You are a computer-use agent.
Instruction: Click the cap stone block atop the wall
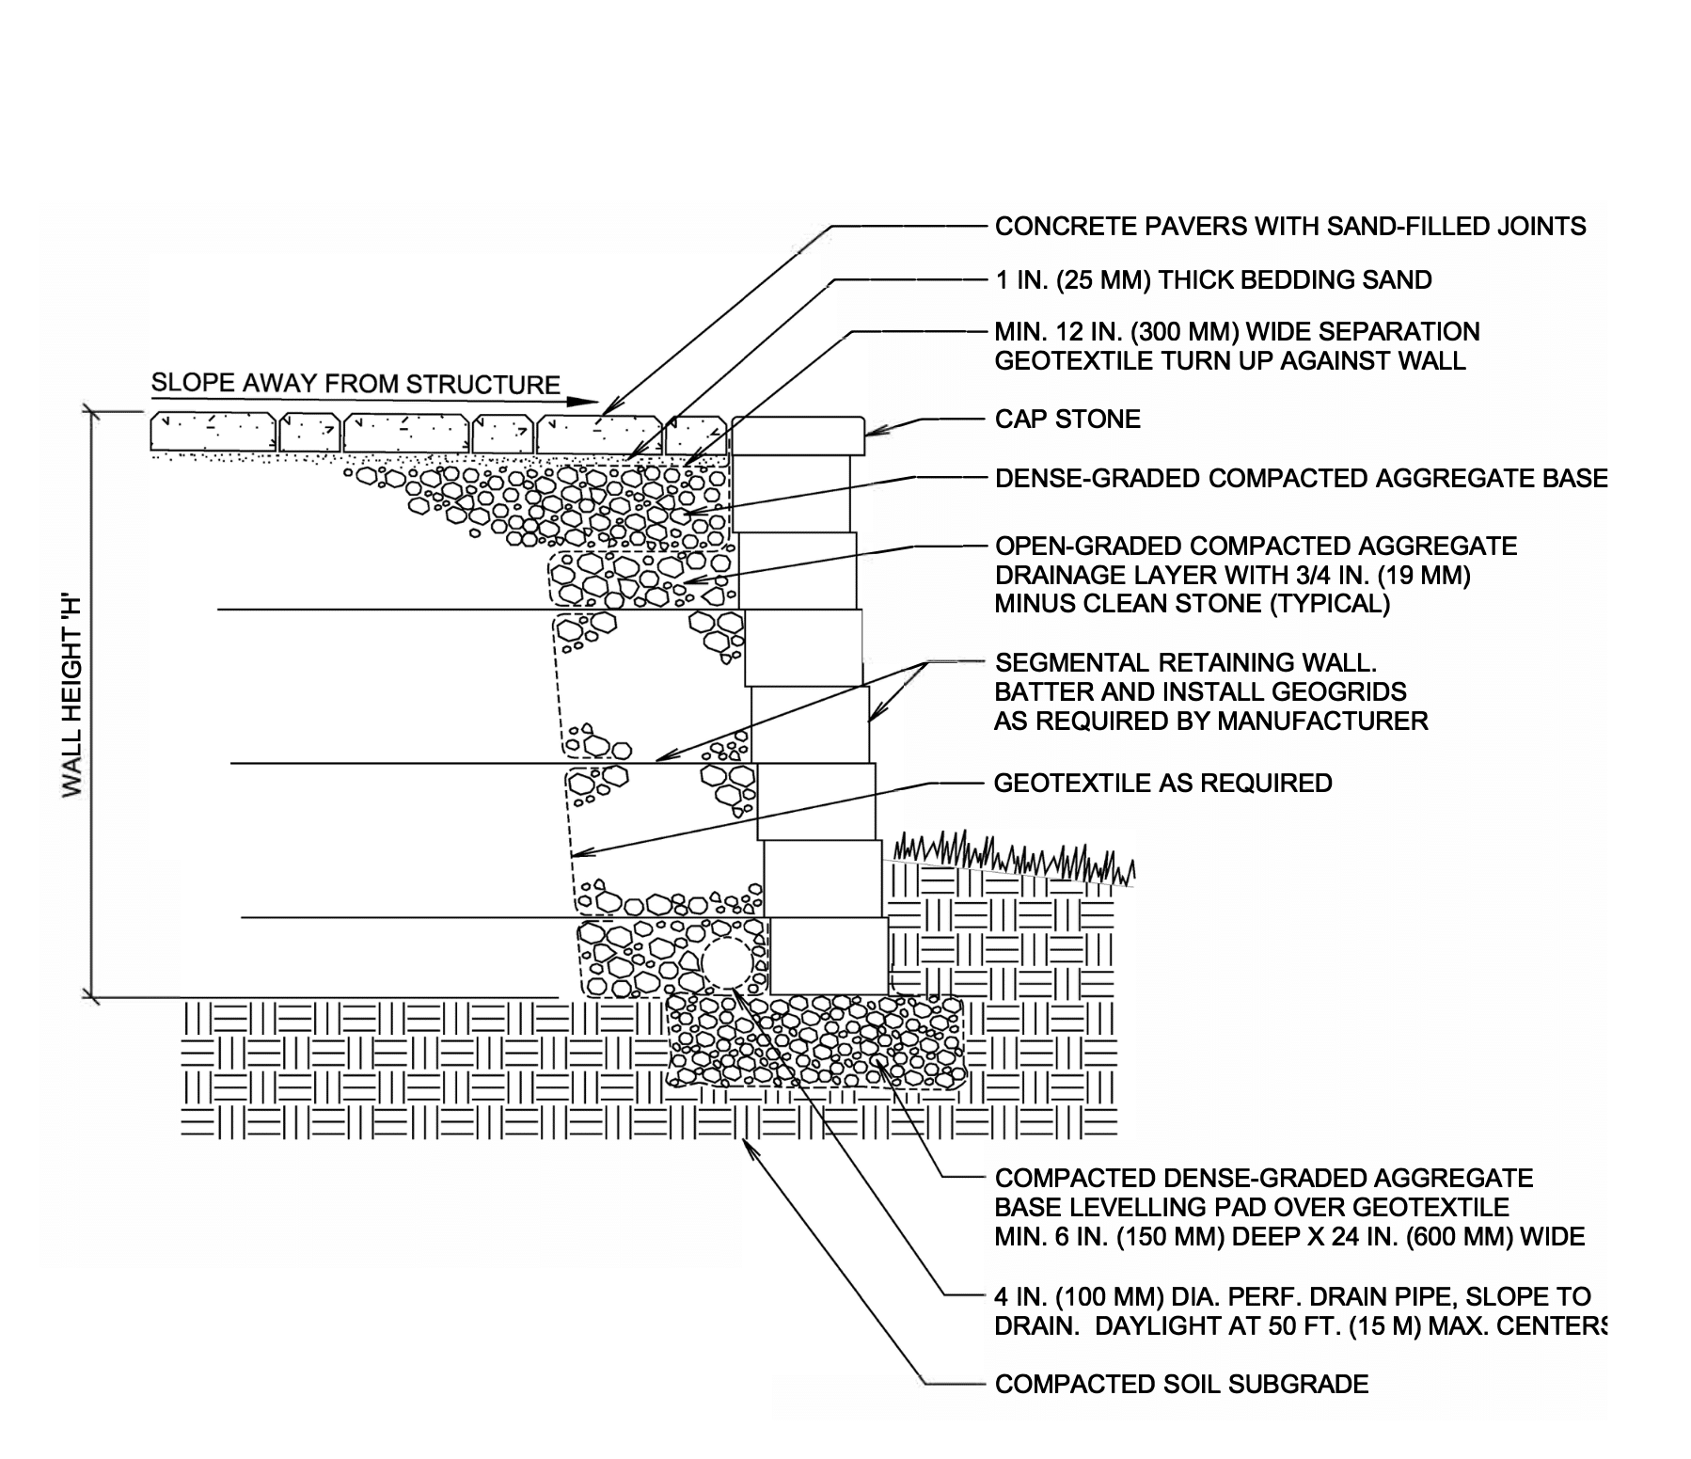coord(798,436)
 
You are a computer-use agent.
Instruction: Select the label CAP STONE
coord(1067,419)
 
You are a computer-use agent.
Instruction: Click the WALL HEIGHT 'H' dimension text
coord(72,695)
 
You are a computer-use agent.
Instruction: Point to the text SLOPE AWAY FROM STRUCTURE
coord(356,384)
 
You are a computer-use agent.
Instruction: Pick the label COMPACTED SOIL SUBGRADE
coord(1181,1384)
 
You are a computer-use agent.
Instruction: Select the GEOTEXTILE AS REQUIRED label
coord(1162,783)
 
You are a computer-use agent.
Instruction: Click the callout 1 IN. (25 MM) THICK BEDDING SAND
coord(1213,279)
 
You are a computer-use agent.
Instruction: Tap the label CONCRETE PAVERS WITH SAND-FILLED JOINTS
coord(1290,226)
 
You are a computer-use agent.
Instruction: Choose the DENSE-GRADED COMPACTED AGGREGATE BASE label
coord(1301,478)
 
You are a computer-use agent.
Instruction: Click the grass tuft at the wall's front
coord(1011,856)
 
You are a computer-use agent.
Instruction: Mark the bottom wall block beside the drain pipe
coord(829,955)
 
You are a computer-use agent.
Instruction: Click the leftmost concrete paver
coord(213,432)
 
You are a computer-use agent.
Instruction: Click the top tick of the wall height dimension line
coord(90,410)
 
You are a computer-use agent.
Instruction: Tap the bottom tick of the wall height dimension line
coord(90,995)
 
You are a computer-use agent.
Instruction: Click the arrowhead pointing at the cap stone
coord(872,432)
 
